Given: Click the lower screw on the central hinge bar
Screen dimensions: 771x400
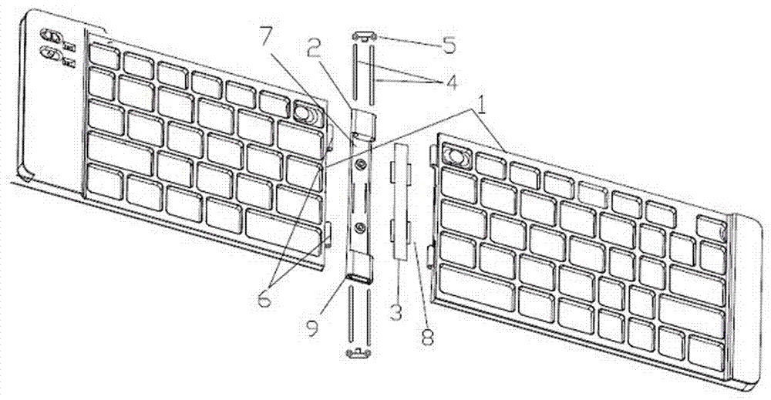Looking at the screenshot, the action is pyautogui.click(x=359, y=227).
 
